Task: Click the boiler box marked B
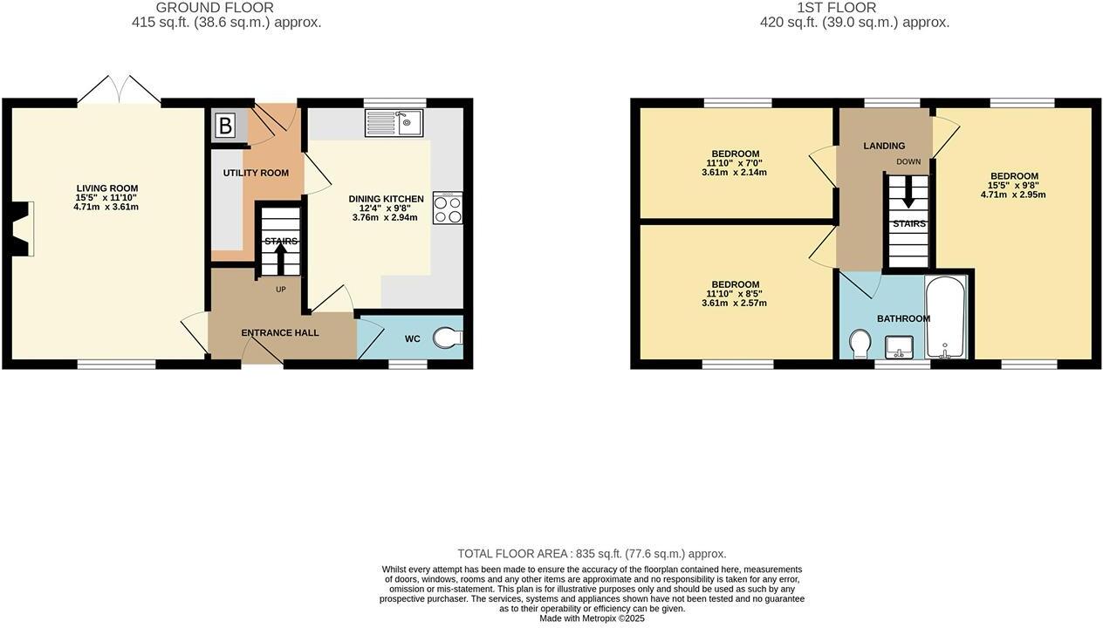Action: coord(225,126)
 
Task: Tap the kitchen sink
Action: coord(394,123)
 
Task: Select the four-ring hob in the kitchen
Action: coord(447,208)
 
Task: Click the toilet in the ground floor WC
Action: coord(448,338)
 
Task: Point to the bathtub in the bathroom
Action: coord(946,318)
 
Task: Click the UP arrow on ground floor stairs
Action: coord(281,257)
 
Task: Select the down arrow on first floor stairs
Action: coord(908,194)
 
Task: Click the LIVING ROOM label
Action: coord(106,188)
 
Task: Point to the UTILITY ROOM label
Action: coord(256,173)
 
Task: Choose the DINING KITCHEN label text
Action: coord(386,199)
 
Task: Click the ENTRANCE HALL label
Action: coord(280,333)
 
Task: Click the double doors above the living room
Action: coord(119,90)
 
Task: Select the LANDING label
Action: coord(884,146)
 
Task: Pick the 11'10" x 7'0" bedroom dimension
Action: coord(735,163)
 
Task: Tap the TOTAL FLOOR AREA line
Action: coord(592,554)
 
